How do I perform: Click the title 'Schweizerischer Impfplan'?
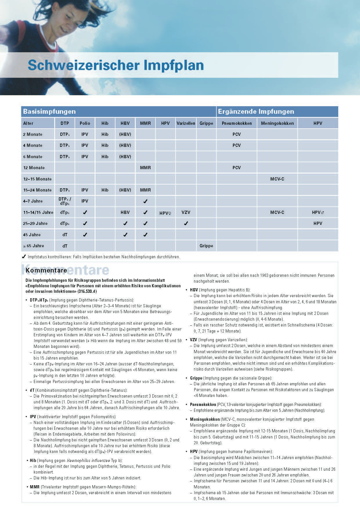coord(115,65)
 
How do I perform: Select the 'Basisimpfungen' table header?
coord(49,112)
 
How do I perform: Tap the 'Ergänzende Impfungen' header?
coord(256,112)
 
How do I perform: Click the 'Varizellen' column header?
coord(186,123)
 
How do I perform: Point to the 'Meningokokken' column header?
coord(277,123)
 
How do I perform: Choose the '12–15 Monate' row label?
coord(37,179)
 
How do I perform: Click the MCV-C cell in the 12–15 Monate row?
coord(277,179)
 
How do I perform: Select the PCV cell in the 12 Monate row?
coord(236,168)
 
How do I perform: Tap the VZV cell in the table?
coord(186,212)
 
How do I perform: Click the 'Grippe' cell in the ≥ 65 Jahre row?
coord(206,246)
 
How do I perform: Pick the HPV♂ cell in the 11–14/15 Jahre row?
coord(318,212)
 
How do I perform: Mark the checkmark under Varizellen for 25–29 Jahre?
coord(186,223)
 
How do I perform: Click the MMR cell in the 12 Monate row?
coord(145,168)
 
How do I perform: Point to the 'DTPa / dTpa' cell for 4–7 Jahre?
coord(65,201)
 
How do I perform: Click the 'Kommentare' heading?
coord(46,270)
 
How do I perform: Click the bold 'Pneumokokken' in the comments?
coord(203,405)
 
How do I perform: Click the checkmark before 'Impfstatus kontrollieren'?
coord(24,257)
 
